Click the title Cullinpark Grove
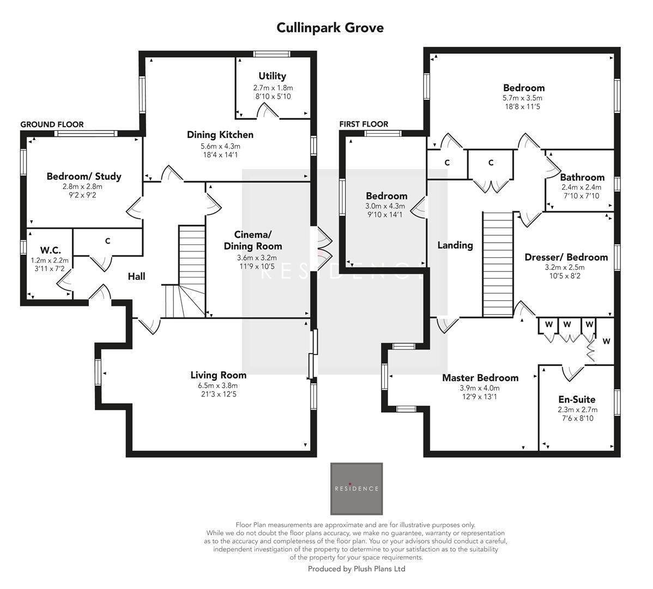[x=330, y=27]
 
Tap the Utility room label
[x=272, y=76]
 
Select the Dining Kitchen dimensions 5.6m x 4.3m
[x=220, y=146]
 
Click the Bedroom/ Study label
[x=84, y=176]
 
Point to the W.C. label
[x=50, y=250]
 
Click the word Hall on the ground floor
[x=136, y=277]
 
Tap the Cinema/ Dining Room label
[x=253, y=241]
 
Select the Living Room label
[x=218, y=375]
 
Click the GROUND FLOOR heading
[x=52, y=124]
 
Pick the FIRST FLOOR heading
[x=364, y=124]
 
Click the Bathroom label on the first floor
[x=582, y=177]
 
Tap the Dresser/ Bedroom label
[x=566, y=257]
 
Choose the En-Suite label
[x=577, y=399]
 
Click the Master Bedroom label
[x=480, y=378]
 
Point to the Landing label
[x=455, y=245]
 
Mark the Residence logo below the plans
[x=356, y=489]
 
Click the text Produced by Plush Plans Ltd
[x=356, y=569]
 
